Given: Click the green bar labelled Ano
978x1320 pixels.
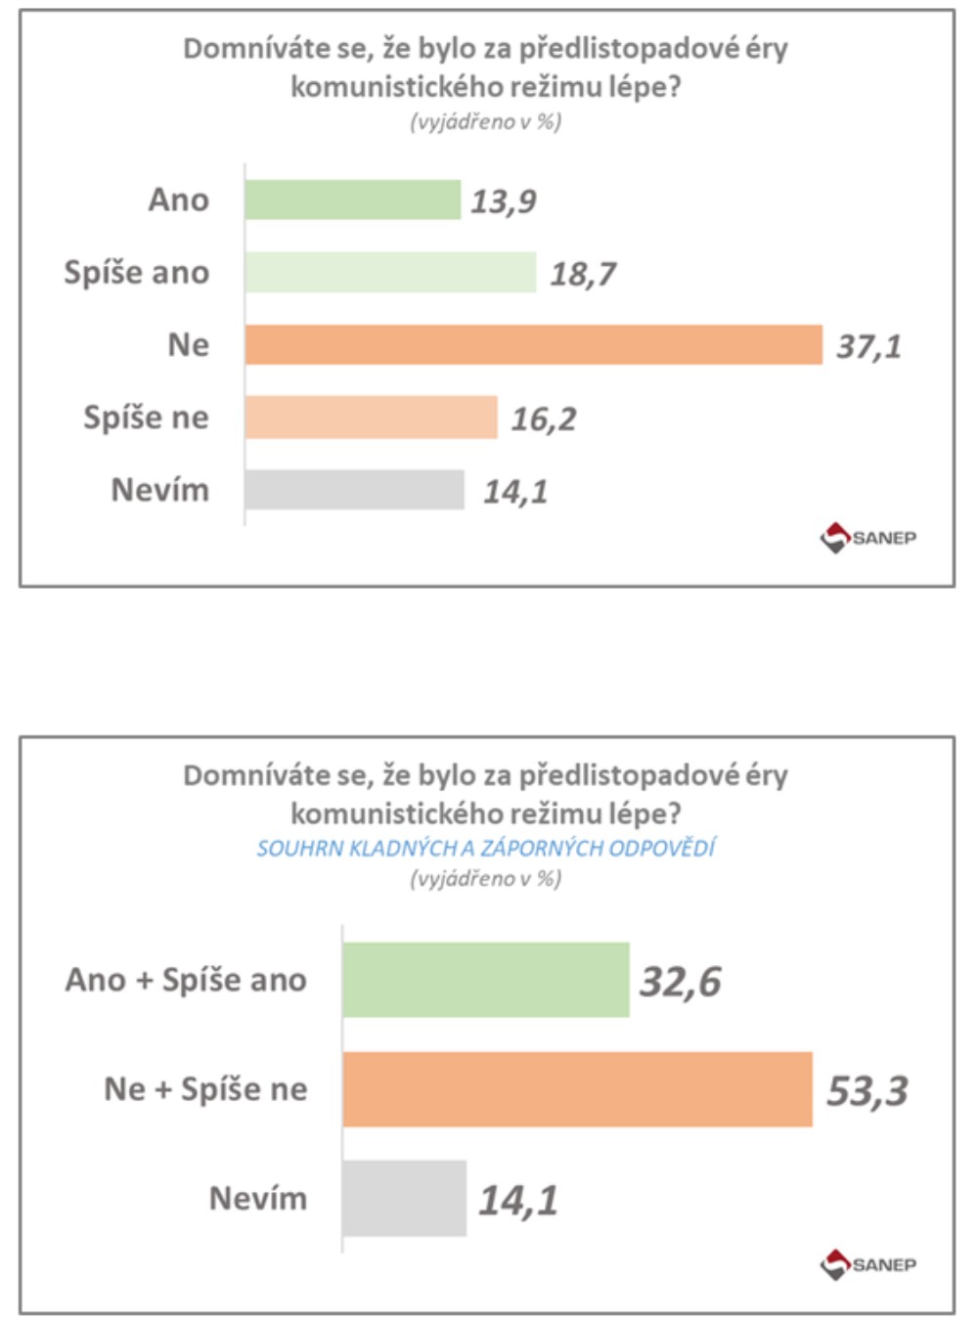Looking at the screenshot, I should point(352,199).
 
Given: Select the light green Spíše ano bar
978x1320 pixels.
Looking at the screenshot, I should point(390,272).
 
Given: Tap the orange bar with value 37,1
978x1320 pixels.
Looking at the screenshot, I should point(533,344).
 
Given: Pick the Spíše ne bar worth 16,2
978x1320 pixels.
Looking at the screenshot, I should point(371,418).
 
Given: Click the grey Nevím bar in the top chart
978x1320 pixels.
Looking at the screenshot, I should point(354,490).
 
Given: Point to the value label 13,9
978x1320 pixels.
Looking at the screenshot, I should point(504,201).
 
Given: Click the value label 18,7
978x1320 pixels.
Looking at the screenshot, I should point(583,274).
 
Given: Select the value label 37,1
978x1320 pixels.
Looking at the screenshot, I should point(868,346).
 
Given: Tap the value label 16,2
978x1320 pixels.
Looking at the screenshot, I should point(544,419).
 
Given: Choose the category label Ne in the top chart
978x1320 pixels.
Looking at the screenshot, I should point(189,345).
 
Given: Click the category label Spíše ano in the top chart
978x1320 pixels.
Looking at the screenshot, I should point(137,272).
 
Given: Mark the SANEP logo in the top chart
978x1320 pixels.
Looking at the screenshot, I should point(868,538).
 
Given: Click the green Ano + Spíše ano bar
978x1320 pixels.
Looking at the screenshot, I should point(486,980).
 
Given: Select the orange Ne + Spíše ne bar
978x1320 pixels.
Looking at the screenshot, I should point(577,1089).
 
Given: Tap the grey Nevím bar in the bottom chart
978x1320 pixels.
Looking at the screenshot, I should point(404,1199).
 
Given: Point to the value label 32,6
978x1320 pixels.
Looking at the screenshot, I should point(681,982).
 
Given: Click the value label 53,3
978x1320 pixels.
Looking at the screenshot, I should point(867,1091).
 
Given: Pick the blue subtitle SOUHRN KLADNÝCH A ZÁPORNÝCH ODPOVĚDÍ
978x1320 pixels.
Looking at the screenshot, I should point(486,848).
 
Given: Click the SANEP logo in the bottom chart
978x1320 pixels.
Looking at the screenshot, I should point(868,1264).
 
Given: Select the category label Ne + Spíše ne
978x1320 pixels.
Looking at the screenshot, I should point(205,1089).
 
